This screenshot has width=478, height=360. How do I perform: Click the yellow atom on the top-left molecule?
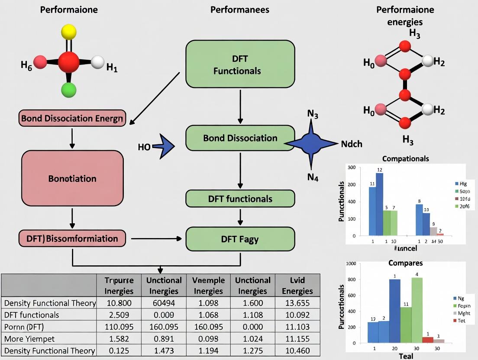tap(68, 32)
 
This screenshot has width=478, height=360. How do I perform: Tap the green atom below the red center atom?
tap(68, 90)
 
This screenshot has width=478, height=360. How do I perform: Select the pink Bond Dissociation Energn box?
tap(72, 118)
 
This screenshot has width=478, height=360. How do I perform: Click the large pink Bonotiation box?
tap(72, 178)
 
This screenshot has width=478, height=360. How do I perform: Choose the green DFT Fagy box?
tap(240, 238)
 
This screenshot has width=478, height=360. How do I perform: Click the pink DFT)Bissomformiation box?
tap(72, 238)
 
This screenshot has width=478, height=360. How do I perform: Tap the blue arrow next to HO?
tap(163, 147)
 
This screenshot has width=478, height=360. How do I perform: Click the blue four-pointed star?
tap(311, 143)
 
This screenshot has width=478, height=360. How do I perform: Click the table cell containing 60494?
tap(164, 303)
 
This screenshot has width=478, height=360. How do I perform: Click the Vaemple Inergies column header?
tap(208, 285)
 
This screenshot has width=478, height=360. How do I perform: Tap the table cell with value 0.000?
tap(252, 327)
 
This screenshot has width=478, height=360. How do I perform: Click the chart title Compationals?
tap(406, 158)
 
